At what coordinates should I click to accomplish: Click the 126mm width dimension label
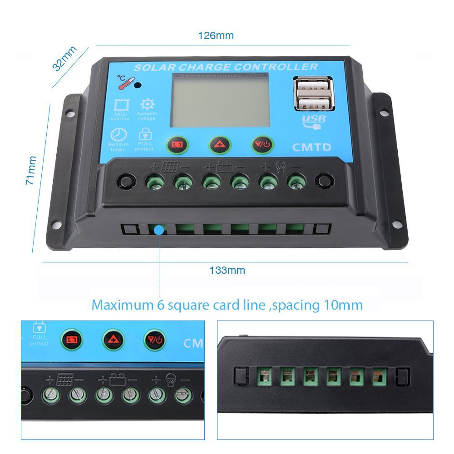coord(216,35)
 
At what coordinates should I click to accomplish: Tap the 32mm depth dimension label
coord(64,58)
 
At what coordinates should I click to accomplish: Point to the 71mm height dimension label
coord(31,171)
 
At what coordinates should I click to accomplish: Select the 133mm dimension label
coord(227,270)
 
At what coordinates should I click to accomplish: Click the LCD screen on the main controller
coord(221,100)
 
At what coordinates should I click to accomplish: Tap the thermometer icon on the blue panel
coord(126,83)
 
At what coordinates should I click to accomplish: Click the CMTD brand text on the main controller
coord(311,147)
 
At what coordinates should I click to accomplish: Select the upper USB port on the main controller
coord(313,86)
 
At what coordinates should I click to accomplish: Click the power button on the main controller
coord(262,144)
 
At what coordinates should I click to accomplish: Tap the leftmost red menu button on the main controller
coord(177,144)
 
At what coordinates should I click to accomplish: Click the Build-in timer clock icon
coord(118,135)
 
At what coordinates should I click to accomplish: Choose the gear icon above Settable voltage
coord(148,104)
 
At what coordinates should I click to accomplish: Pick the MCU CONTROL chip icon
coord(122,105)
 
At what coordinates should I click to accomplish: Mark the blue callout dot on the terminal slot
coord(159,230)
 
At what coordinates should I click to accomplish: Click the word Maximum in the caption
coord(123,305)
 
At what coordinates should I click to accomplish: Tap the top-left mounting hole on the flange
coord(70,113)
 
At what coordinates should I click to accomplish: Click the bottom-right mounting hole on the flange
coord(396,224)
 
